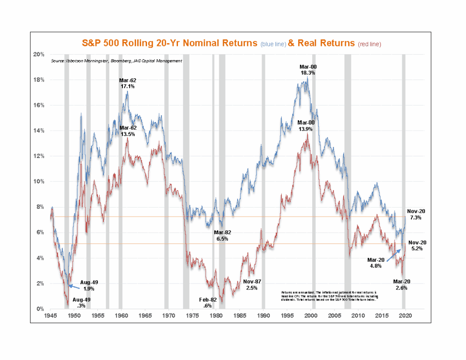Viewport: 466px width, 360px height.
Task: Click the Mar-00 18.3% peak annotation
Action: click(308, 69)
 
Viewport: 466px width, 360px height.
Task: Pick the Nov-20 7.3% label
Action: click(415, 214)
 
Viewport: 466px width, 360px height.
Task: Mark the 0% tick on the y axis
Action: click(40, 309)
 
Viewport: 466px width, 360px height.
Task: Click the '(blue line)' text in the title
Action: click(273, 44)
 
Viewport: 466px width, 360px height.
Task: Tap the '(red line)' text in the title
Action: click(369, 44)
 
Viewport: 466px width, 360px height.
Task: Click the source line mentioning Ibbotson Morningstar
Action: click(116, 61)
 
